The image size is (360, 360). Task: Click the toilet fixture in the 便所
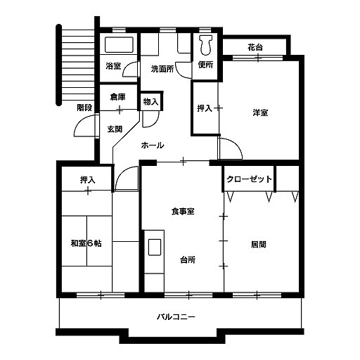click(206, 45)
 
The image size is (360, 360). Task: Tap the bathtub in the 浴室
click(119, 44)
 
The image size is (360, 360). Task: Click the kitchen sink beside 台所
click(155, 247)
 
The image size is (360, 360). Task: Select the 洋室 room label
click(260, 112)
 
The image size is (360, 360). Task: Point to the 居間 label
click(259, 245)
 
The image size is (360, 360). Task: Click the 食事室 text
click(183, 212)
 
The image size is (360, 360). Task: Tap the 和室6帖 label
click(86, 243)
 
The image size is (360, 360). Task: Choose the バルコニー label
click(176, 317)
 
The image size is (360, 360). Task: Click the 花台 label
click(255, 47)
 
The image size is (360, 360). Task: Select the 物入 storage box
click(150, 101)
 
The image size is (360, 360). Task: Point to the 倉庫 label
click(118, 97)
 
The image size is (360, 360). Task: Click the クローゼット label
click(249, 179)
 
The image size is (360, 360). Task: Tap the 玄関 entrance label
click(115, 129)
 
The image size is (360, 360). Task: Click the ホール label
click(153, 146)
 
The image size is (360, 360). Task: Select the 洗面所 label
click(162, 69)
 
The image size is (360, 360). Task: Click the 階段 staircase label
click(84, 108)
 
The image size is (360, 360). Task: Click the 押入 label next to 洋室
click(205, 108)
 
